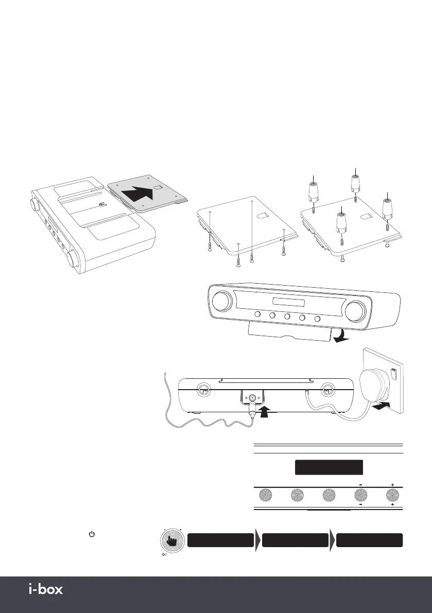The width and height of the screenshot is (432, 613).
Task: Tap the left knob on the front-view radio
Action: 222,301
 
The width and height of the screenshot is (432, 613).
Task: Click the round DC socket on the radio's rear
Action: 252,397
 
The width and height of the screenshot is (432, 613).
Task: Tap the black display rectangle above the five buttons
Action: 329,467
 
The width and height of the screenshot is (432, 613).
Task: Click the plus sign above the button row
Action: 392,485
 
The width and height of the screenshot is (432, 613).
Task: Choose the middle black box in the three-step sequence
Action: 295,540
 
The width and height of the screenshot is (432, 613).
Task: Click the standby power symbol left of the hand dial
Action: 92,535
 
